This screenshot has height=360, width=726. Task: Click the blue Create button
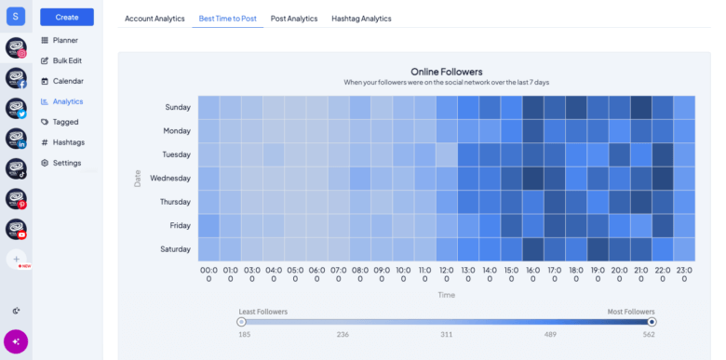(67, 17)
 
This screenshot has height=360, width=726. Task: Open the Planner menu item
(65, 40)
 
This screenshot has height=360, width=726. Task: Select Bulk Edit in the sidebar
(68, 60)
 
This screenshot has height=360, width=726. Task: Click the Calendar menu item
(67, 81)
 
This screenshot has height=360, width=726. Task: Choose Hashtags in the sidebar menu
(68, 142)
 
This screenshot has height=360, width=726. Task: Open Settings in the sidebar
(66, 163)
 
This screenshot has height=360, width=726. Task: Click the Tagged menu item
(65, 122)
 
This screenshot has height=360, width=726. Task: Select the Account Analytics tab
(155, 19)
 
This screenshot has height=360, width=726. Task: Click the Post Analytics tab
(293, 19)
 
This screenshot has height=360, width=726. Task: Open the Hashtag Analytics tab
(361, 19)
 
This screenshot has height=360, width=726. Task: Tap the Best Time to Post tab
(227, 19)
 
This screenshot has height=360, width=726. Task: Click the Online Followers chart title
(446, 71)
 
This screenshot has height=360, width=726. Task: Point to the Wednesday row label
(170, 178)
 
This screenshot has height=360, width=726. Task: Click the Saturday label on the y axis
(174, 248)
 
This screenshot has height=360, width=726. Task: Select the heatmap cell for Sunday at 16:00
(533, 107)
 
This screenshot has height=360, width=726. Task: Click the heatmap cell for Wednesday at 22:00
(663, 178)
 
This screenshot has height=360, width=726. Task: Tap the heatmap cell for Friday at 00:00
(208, 225)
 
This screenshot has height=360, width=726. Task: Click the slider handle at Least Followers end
(241, 322)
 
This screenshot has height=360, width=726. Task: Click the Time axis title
(447, 294)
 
